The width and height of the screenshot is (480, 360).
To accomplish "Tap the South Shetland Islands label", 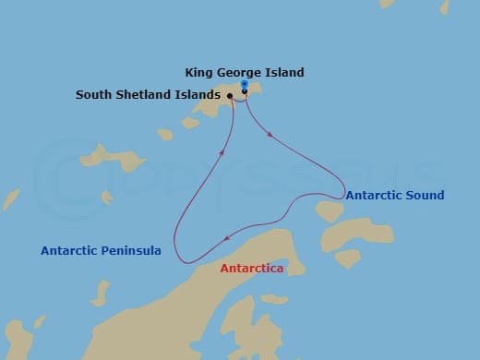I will tap(148, 94).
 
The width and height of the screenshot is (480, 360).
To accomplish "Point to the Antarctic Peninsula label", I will tap(102, 250).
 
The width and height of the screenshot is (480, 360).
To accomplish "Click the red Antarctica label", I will tap(251, 269).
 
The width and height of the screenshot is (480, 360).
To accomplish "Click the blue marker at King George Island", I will tap(244, 84).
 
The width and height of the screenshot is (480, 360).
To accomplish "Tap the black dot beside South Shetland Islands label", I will tap(229, 94).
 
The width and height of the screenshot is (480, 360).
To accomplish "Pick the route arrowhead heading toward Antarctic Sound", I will tap(270, 136).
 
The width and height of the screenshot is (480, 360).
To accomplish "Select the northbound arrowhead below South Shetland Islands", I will tap(221, 152).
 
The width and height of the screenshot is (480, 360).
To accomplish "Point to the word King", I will tap(198, 72).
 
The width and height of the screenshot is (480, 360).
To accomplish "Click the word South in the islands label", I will tap(94, 94).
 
